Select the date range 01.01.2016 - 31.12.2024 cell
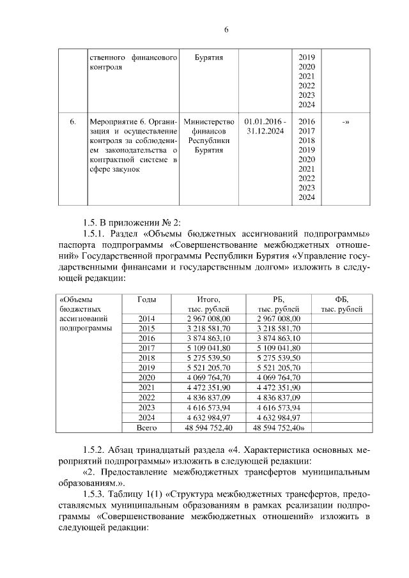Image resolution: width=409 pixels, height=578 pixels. [x=265, y=126]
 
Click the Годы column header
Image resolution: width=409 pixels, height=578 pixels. [x=147, y=300]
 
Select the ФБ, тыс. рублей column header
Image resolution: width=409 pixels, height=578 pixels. [x=341, y=304]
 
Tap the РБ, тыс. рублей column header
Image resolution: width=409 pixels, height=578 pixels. [x=278, y=304]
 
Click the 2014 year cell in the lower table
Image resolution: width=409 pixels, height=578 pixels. [x=147, y=319]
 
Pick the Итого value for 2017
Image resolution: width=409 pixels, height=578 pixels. [x=209, y=348]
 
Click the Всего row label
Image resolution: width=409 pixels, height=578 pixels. [x=147, y=427]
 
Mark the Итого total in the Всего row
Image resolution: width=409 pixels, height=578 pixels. [x=209, y=427]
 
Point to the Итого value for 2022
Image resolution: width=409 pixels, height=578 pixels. [x=209, y=397]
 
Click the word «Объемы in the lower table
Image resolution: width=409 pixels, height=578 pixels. [x=75, y=300]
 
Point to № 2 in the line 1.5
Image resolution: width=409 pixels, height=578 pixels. [x=171, y=222]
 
